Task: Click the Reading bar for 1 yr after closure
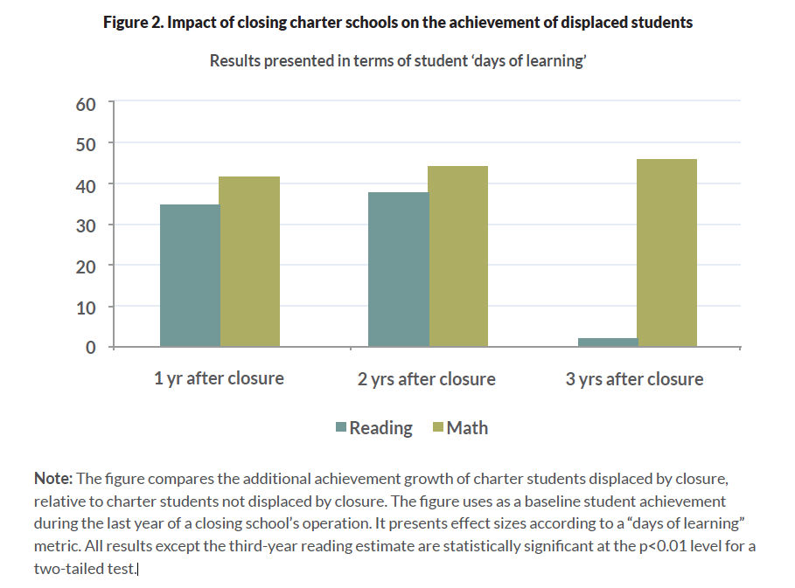(190, 275)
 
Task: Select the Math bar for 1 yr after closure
(249, 261)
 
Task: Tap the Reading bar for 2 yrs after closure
(399, 269)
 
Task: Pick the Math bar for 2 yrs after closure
(458, 256)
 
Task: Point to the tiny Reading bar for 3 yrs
(608, 342)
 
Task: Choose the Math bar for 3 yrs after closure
(667, 252)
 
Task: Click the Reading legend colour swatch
(341, 428)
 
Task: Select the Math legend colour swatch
(439, 428)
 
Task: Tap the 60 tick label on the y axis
(85, 104)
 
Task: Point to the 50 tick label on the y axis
(85, 144)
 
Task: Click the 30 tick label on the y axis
(85, 225)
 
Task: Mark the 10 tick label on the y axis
(85, 308)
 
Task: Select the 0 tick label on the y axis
(90, 348)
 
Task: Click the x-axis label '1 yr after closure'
(219, 378)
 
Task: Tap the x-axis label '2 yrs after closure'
(428, 379)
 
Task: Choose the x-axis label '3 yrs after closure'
(635, 379)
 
